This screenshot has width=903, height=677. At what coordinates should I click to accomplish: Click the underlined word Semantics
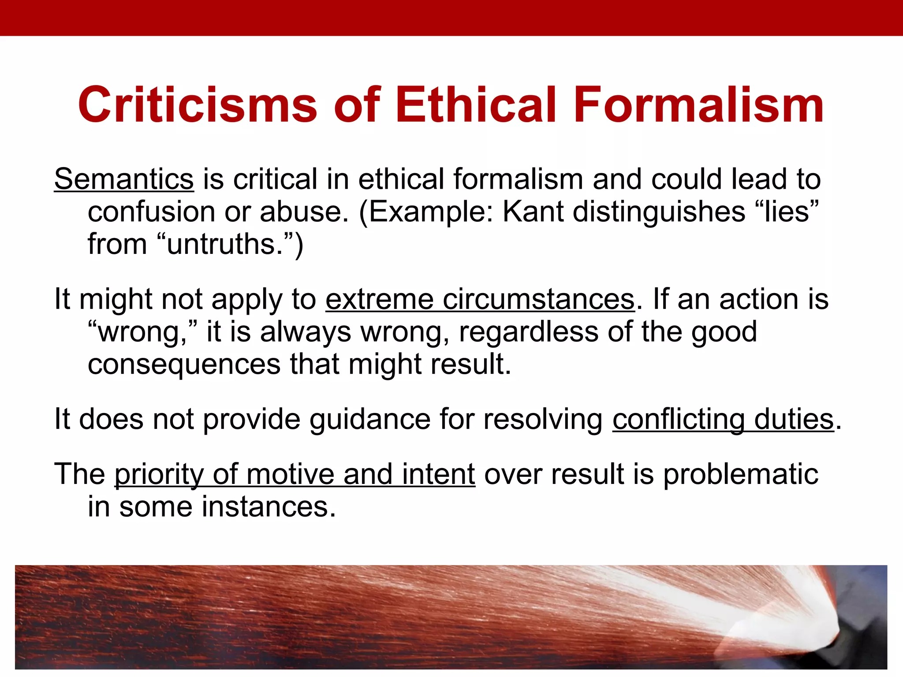124,179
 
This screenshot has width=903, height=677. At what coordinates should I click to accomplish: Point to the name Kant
533,212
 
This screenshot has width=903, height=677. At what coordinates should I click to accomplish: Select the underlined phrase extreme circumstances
480,299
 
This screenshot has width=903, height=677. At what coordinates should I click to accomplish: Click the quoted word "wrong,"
142,332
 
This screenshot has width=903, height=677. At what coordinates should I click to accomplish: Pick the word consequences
184,364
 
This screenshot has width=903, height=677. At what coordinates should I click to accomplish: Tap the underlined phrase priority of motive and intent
295,474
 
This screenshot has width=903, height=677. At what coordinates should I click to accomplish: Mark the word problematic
741,474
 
